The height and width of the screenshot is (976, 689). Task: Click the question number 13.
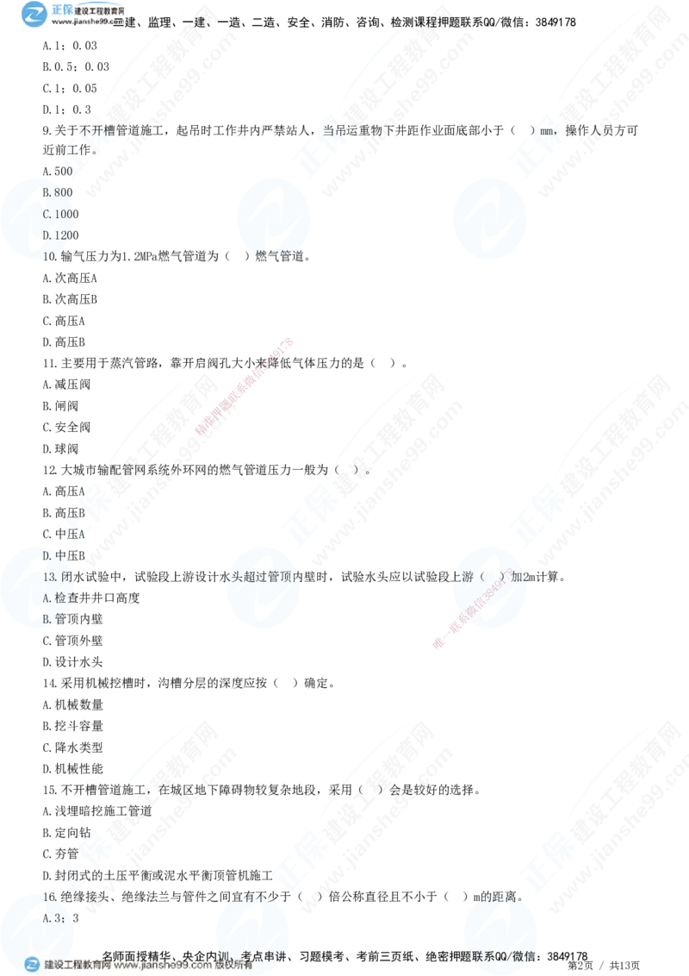pyautogui.click(x=49, y=576)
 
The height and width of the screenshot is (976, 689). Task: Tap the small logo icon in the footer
pyautogui.click(x=32, y=965)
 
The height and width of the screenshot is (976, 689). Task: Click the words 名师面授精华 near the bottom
pyautogui.click(x=138, y=955)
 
